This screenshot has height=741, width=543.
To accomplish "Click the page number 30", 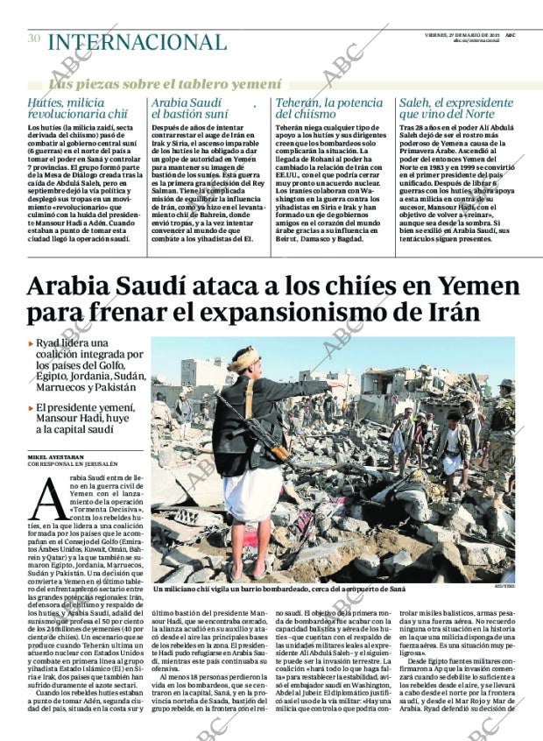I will (34, 39).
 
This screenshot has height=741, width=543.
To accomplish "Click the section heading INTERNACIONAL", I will (137, 41).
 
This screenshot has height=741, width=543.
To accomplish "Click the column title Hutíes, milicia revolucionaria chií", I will (79, 108).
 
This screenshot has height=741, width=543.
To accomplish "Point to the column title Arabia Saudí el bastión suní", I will (191, 108).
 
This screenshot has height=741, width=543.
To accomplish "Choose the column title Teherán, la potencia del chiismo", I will (328, 108).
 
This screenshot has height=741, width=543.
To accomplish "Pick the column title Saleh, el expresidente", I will (455, 102).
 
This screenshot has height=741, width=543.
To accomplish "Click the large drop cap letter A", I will (47, 501).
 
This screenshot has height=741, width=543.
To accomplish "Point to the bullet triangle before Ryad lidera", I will (31, 344).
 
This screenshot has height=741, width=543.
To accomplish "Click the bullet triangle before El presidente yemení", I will (31, 408).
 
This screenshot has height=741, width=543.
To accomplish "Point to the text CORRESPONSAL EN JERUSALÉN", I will (74, 464).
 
